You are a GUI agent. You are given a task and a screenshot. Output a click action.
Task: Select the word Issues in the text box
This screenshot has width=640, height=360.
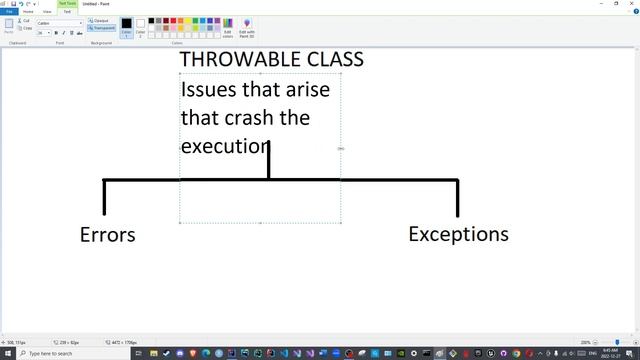click(x=209, y=88)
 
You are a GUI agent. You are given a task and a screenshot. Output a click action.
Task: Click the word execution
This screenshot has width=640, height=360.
click(x=226, y=146)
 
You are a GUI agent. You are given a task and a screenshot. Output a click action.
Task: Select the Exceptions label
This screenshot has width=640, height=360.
click(x=458, y=234)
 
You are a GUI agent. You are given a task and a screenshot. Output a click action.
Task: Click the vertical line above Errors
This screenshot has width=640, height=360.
click(x=104, y=197)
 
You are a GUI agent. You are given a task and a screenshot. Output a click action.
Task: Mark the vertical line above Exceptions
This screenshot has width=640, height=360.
click(x=457, y=198)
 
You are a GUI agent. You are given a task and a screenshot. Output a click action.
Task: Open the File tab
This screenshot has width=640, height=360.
click(x=9, y=11)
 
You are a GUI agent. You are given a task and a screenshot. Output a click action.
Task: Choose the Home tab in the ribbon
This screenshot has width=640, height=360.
click(x=28, y=11)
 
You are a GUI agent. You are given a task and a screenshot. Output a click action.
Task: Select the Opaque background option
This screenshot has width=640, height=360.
click(x=100, y=20)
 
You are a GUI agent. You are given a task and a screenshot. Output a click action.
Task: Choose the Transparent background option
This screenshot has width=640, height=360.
click(x=102, y=28)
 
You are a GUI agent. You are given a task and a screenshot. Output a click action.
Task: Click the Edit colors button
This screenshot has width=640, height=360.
click(x=228, y=26)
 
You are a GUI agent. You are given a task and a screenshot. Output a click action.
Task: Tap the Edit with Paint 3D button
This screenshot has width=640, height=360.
click(x=247, y=26)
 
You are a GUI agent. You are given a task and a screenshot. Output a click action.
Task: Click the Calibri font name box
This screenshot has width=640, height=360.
click(x=55, y=22)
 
